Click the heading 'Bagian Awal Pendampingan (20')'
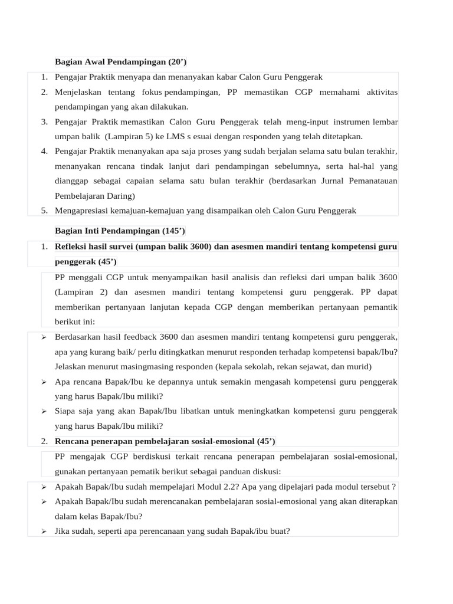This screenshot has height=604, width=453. [x=120, y=62]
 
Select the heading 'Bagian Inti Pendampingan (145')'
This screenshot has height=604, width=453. [x=120, y=231]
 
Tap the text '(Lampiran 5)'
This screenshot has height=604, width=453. [x=106, y=137]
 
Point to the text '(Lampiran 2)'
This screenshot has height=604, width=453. [x=78, y=292]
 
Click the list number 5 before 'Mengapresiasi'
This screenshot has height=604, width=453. [x=44, y=211]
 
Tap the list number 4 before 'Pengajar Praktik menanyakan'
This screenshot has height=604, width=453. [x=44, y=152]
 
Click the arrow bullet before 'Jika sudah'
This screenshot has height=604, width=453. [x=44, y=531]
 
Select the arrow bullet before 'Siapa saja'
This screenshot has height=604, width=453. [x=44, y=411]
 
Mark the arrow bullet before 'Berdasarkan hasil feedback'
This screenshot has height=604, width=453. [x=44, y=337]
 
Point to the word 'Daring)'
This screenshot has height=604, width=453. [x=120, y=196]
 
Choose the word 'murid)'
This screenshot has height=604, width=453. [x=359, y=367]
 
